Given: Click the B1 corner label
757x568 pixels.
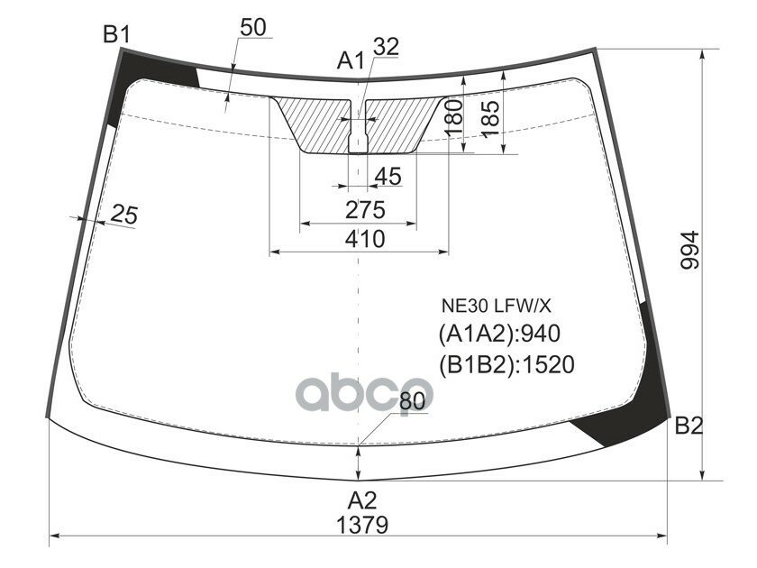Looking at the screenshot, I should [x=116, y=35].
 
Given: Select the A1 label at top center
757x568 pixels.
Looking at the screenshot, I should [x=351, y=61].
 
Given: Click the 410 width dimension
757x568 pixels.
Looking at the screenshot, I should [x=363, y=239].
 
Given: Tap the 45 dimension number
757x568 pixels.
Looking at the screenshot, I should [x=387, y=177].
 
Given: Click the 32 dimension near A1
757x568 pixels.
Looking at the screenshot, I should [x=385, y=47].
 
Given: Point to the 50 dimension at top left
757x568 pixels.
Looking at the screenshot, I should [x=252, y=28].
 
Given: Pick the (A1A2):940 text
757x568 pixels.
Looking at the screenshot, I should [x=499, y=334].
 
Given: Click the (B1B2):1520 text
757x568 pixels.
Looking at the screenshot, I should [x=506, y=363].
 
